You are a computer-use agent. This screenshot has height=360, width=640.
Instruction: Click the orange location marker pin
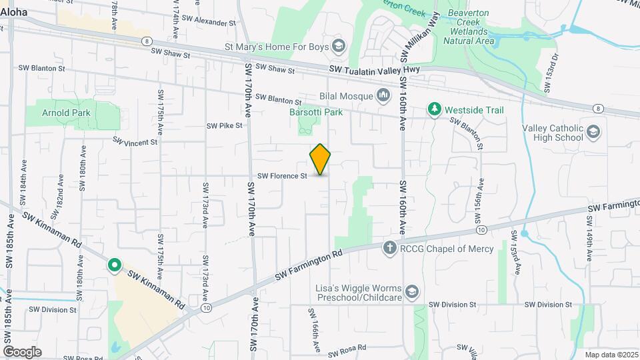(x=321, y=159)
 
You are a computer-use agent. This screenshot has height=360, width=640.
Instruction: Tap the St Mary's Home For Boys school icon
(x=339, y=46)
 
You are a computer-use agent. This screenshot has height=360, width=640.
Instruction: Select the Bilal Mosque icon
(x=383, y=96)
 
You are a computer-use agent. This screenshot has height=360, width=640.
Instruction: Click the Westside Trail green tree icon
(x=435, y=109)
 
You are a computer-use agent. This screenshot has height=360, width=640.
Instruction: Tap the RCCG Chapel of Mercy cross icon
(x=390, y=249)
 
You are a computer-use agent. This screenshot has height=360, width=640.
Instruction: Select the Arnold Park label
(x=66, y=113)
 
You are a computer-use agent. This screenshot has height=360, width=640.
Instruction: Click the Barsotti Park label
(x=316, y=112)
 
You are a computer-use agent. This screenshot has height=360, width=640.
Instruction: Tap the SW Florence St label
(x=281, y=176)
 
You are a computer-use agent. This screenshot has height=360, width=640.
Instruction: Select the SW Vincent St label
(x=135, y=141)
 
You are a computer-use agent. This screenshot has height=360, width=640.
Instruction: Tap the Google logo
(x=22, y=351)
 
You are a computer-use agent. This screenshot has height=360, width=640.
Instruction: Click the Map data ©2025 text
(x=610, y=354)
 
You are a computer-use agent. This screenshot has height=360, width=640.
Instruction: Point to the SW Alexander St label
(x=215, y=22)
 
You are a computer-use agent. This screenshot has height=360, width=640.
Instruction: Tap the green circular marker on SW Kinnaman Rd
(x=115, y=267)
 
